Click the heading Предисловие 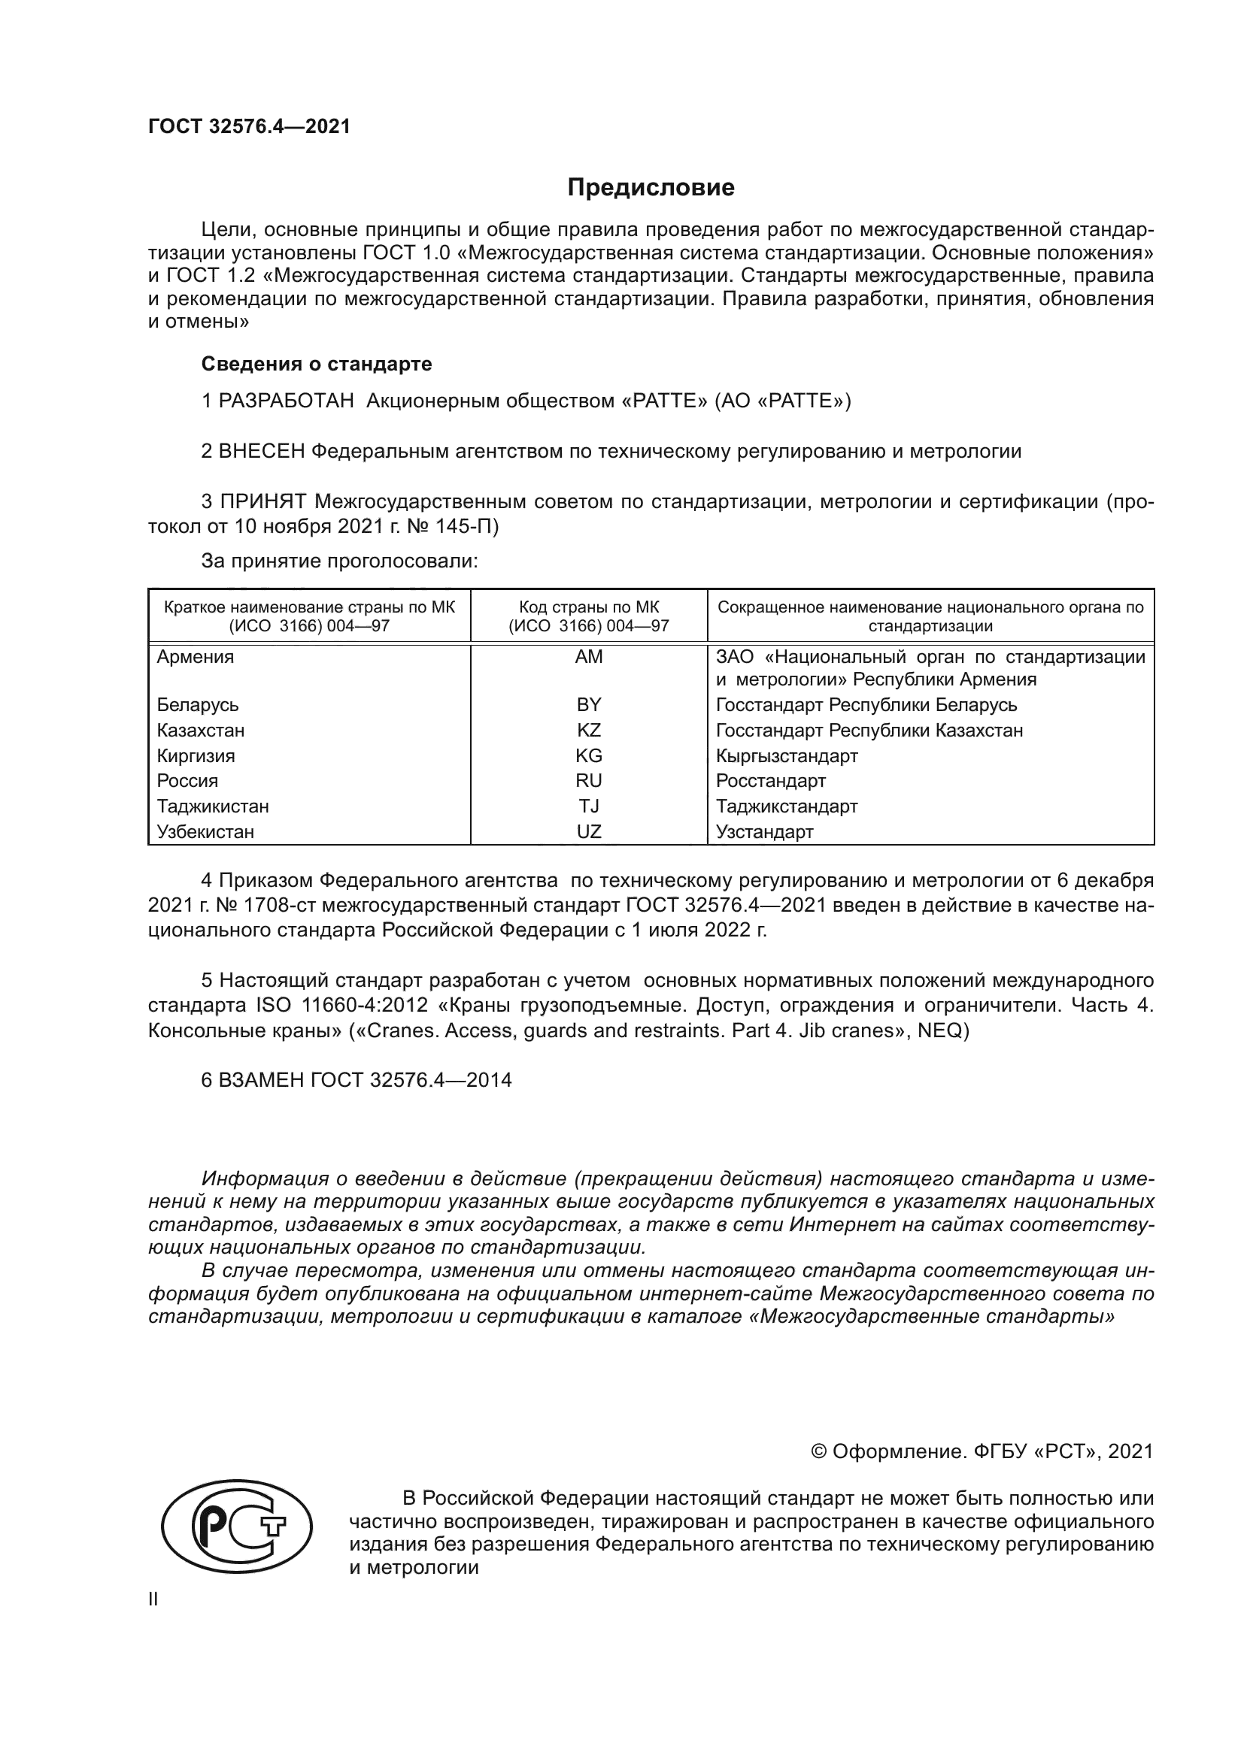pos(651,188)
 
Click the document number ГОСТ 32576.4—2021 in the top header pos(249,127)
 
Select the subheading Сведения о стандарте pos(317,364)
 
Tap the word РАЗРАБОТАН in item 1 pos(286,401)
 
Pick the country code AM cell pos(588,657)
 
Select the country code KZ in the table pos(588,731)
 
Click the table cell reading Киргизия pos(196,755)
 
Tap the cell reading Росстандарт pos(771,781)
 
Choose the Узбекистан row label pos(205,831)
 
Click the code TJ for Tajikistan pos(588,806)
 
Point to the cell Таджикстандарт pos(787,806)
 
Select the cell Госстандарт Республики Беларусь pos(866,704)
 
